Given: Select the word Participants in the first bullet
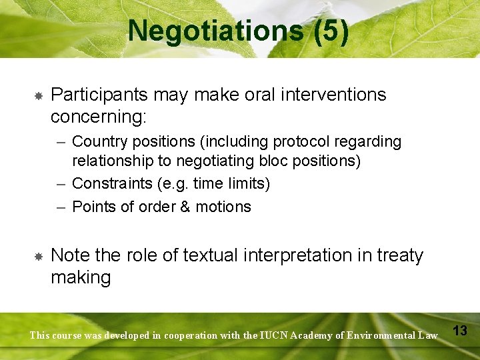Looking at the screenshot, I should pos(98,95).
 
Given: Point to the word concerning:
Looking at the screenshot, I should pos(99,117).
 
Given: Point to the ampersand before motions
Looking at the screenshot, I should pos(185,207).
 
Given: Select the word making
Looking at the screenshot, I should pos(81,277).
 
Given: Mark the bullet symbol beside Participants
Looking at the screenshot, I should pos(39,96).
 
